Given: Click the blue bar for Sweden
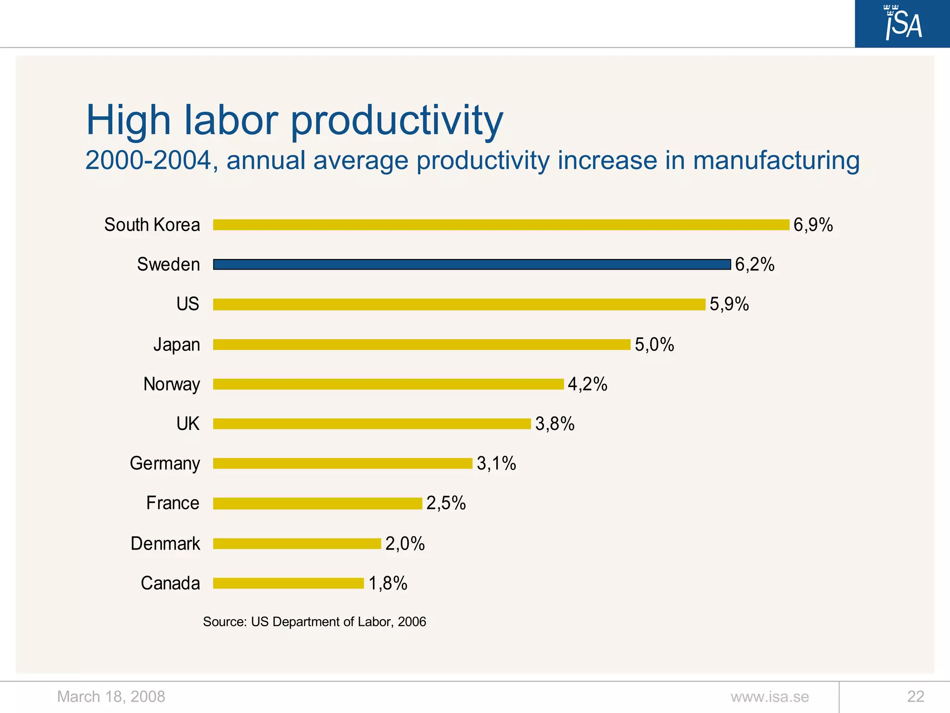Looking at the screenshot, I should point(471,265).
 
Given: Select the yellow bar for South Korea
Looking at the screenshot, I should point(501,225).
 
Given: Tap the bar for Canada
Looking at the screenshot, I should point(288,583).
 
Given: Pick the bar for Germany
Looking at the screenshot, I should point(342,463).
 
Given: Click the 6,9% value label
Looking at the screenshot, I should point(813,225).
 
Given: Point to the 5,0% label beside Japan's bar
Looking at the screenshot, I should point(654,344).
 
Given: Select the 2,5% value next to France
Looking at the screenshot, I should point(446,503).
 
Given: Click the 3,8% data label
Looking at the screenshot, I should point(555,424).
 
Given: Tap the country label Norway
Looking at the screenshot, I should point(172,384).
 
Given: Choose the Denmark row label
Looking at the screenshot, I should point(165,543).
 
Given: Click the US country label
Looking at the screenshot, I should point(187,304).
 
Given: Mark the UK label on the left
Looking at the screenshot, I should point(187,424).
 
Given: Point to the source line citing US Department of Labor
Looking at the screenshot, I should point(315,622).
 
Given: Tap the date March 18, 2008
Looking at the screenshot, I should point(111,697).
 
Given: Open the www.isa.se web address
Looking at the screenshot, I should point(770,697).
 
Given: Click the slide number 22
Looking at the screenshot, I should point(916,697).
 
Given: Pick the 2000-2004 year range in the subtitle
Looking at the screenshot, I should point(148,161).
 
